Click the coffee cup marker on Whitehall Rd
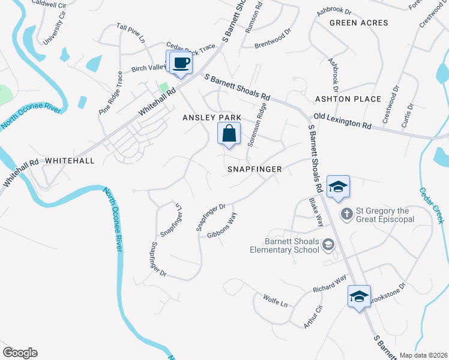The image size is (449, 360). point(181,62)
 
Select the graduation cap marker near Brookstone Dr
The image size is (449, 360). point(359,296)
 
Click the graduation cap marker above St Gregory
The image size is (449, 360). point(338,186)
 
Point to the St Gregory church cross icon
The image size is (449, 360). point(346,214)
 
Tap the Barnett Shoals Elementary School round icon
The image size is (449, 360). point(328,244)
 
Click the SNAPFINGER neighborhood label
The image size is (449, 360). point(255,169)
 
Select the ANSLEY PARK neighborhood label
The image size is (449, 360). point(212,118)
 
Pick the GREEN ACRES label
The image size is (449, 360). point(358,23)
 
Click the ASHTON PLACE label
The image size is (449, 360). point(348,98)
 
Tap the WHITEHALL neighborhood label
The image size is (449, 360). point(70,161)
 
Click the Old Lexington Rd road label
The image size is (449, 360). point(342,122)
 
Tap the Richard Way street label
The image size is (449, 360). point(330,284)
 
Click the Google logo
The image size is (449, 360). point(20,353)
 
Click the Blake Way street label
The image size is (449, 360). point(316,212)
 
